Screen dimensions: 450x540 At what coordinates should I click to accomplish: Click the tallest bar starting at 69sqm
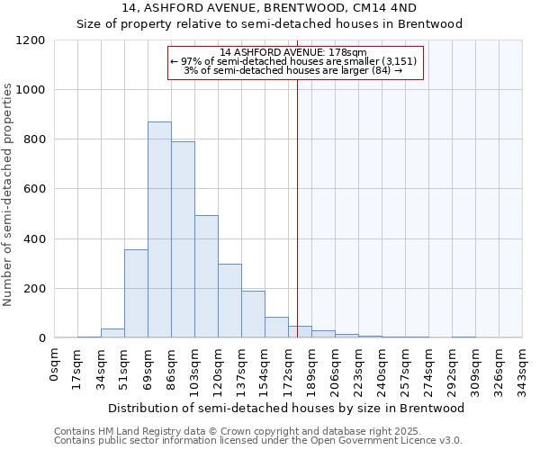159,229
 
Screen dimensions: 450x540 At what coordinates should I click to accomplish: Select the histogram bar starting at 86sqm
183,239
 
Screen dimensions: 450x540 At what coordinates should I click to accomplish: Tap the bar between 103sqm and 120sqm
206,276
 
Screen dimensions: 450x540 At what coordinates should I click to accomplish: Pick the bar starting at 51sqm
136,293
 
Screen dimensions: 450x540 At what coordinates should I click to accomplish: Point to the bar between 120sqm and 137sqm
229,301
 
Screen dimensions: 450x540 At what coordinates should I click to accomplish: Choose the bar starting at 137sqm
253,314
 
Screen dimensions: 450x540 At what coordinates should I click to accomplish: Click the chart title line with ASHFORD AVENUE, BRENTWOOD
269,7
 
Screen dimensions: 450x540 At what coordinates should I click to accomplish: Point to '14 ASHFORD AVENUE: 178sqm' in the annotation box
293,52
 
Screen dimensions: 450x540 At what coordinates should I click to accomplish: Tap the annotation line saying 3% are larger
293,70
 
